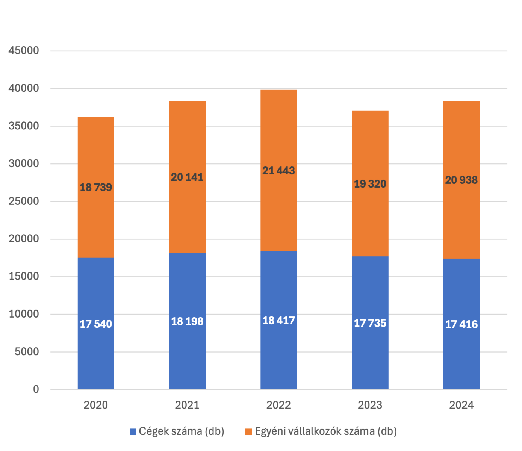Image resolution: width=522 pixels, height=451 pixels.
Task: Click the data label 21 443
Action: [278, 171]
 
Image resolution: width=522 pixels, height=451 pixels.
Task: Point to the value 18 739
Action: [96, 187]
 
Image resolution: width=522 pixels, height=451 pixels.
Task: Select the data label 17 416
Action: [461, 324]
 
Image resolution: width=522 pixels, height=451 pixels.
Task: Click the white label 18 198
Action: [187, 321]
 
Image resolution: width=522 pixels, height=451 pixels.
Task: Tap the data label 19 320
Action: [370, 184]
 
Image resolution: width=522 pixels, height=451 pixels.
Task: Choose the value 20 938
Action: [461, 180]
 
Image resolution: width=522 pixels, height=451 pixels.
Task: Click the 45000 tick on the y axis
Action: [24, 51]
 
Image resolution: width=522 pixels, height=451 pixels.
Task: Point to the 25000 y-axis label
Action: [24, 201]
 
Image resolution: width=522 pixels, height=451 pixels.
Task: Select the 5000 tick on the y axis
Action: [27, 352]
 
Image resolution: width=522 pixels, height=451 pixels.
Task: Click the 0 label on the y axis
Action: [36, 389]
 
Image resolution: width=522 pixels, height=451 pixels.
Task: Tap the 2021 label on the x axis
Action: [187, 405]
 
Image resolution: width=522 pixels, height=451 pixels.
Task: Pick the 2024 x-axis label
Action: [461, 405]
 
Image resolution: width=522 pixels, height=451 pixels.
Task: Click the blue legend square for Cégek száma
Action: [133, 432]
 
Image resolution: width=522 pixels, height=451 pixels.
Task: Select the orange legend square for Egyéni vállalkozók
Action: [248, 432]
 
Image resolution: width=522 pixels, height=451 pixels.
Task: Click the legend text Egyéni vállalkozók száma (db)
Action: [326, 431]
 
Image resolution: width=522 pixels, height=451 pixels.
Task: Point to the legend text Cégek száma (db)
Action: [181, 431]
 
